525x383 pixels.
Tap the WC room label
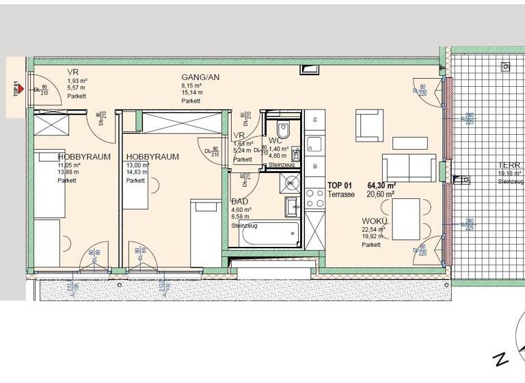click(x=276, y=140)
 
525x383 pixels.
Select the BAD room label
click(x=240, y=202)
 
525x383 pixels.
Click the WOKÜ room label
click(x=375, y=222)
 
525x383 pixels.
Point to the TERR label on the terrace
click(x=510, y=166)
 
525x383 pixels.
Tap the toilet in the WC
click(x=284, y=129)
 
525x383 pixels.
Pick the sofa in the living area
click(x=408, y=166)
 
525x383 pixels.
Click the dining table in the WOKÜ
click(x=408, y=220)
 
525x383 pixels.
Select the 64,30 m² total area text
click(x=382, y=185)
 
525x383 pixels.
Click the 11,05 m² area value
click(x=69, y=166)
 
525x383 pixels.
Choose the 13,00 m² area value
click(x=137, y=166)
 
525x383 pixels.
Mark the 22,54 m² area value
click(x=374, y=230)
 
